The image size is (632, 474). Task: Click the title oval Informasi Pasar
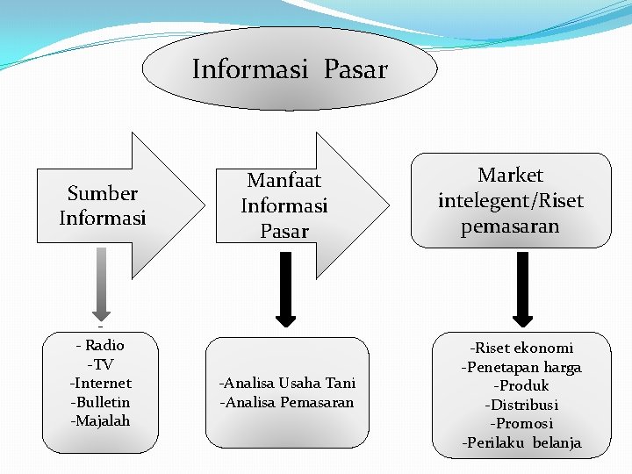click(290, 69)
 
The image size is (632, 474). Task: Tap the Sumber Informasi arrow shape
click(104, 205)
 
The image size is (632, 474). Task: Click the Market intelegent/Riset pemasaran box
click(511, 201)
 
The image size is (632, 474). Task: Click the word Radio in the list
click(104, 345)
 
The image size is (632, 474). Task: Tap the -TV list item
click(100, 364)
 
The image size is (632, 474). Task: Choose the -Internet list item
click(100, 383)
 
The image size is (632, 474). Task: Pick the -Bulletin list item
click(100, 402)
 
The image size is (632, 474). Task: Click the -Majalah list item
click(100, 420)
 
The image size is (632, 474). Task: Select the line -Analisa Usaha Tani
click(287, 383)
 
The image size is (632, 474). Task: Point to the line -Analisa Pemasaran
click(286, 402)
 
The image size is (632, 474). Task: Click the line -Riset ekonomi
click(521, 348)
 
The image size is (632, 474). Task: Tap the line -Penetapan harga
click(521, 367)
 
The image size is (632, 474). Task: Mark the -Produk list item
click(521, 385)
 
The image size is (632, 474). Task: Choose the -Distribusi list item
click(521, 405)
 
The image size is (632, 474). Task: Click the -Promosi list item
click(521, 423)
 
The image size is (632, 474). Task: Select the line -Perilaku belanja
click(521, 442)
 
